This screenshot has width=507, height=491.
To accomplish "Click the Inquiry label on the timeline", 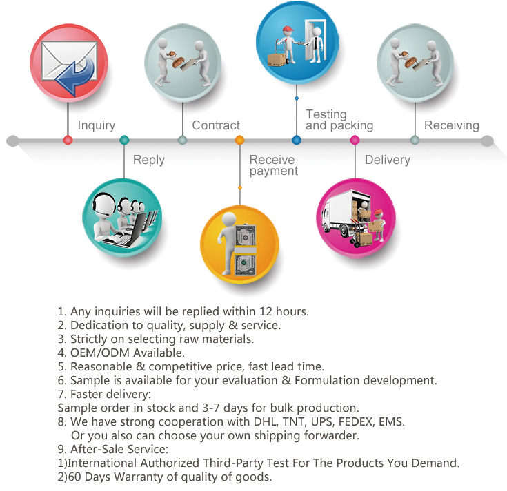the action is [97, 125].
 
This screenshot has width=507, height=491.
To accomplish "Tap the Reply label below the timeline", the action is [149, 160].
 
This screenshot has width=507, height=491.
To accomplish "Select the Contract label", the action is [216, 125].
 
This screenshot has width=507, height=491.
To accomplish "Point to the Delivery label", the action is [388, 160].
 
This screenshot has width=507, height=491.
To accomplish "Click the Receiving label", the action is [451, 125].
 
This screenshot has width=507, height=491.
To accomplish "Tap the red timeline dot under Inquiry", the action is [68, 140].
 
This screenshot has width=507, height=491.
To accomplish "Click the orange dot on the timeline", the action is [239, 140].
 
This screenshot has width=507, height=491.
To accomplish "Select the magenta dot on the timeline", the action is [355, 140].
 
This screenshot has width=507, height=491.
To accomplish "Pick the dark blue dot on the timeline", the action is [297, 140].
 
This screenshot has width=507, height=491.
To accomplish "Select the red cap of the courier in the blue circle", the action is [288, 30].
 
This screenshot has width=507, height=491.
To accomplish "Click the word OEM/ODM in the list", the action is [100, 353].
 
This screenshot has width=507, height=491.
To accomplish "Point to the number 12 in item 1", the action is [266, 311].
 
